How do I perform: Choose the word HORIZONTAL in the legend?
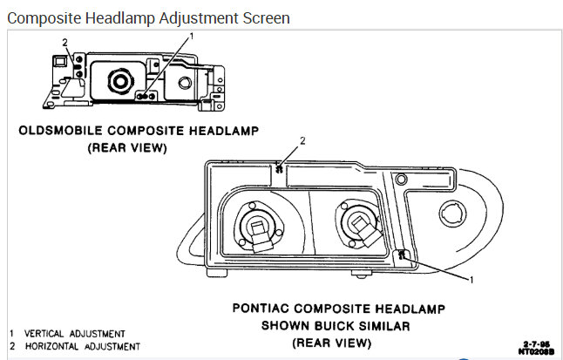click(x=55, y=346)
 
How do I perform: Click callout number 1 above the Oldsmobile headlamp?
click(x=193, y=37)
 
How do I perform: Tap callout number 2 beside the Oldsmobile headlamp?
click(x=64, y=41)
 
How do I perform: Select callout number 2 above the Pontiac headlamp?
click(x=302, y=139)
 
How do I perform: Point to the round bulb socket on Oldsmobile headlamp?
click(x=119, y=82)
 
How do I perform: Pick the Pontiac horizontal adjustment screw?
click(x=277, y=169)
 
